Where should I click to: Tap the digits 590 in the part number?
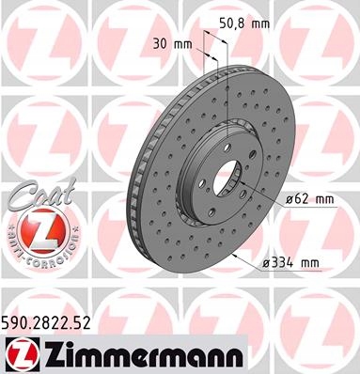click(x=18, y=321)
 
